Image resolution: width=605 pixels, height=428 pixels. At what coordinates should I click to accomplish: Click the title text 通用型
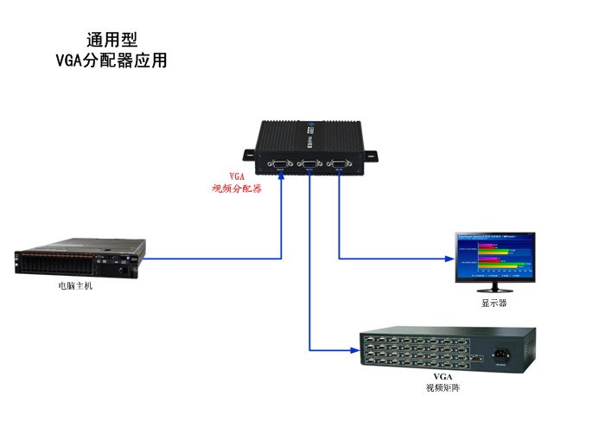(x=111, y=40)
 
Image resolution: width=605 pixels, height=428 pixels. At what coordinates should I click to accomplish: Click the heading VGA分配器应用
(x=111, y=61)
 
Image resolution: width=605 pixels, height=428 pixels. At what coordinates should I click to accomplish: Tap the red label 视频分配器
(x=237, y=188)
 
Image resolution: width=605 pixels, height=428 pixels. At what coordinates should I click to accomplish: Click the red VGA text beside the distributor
(x=237, y=175)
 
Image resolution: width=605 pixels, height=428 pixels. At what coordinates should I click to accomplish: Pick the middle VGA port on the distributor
(x=309, y=162)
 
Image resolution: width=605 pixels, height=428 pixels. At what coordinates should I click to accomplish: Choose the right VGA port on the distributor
(x=339, y=162)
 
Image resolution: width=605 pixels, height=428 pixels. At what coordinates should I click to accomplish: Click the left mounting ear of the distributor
(x=248, y=156)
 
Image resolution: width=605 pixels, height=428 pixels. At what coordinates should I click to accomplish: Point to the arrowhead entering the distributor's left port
(x=281, y=180)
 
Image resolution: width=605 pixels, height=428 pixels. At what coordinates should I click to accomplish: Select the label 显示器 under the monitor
(x=494, y=303)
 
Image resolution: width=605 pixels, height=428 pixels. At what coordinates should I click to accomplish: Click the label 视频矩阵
(x=443, y=388)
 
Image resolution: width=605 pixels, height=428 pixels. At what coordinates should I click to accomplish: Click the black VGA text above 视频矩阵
(x=443, y=378)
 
